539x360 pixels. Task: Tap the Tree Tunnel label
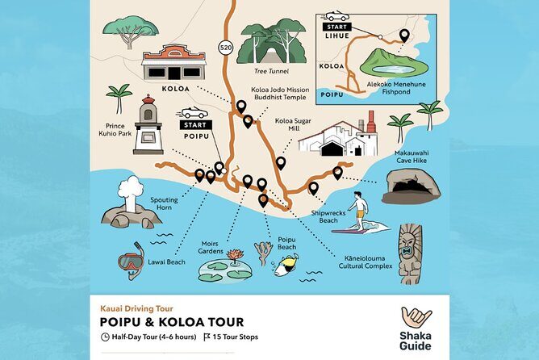(273, 70)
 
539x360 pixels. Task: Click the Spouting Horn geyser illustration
(127, 207)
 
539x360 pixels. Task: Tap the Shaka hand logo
(416, 319)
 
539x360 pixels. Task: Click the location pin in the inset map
(403, 36)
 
